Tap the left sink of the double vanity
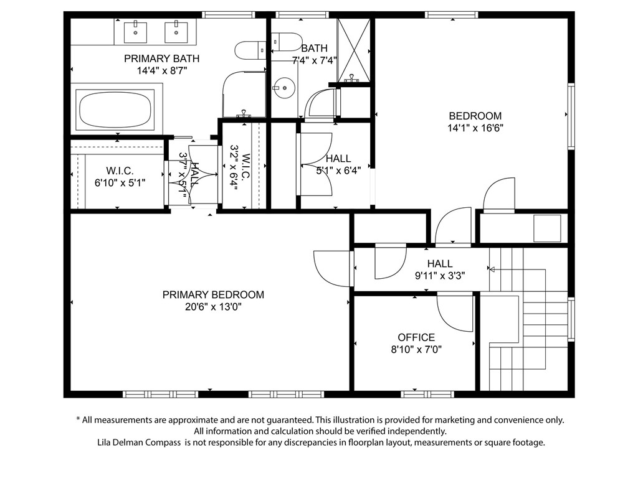click(135, 32)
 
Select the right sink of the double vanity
click(176, 32)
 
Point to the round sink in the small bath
click(283, 88)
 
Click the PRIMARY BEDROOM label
click(213, 294)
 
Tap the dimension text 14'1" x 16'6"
click(475, 128)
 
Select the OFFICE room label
click(416, 337)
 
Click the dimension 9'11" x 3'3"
click(440, 276)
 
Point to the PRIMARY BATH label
click(161, 59)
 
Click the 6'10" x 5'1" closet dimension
click(120, 183)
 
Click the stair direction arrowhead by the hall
click(492, 269)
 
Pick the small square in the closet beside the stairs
click(547, 228)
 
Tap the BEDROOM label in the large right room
click(475, 116)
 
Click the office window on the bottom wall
click(427, 394)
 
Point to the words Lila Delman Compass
click(139, 443)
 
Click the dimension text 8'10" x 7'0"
click(416, 349)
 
